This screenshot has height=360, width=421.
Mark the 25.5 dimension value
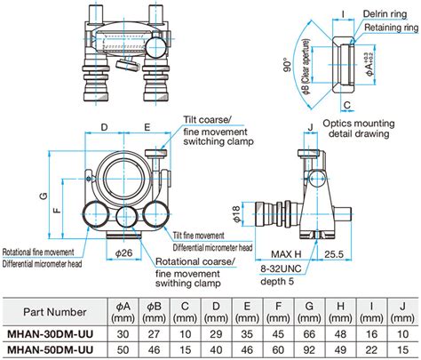[x=359, y=254]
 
